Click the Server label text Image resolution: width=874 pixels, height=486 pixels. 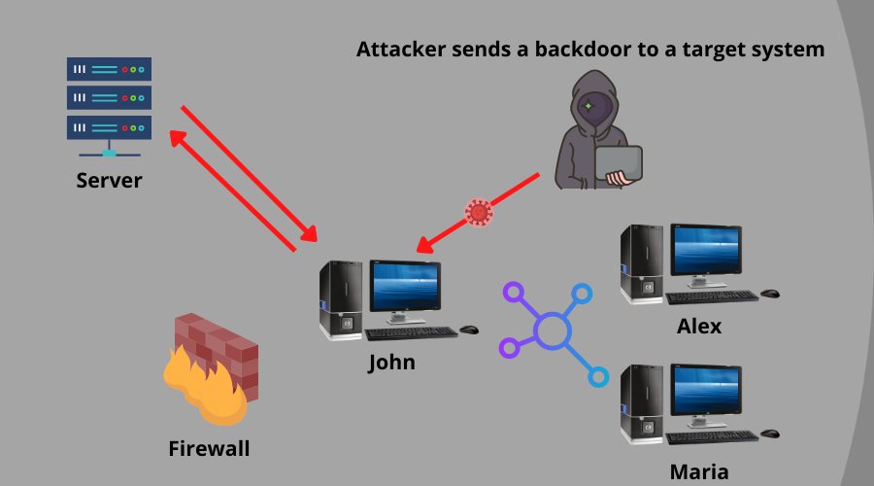click(x=109, y=181)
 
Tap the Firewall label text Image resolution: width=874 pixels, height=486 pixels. click(x=209, y=448)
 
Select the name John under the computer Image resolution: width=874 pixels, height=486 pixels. click(x=391, y=363)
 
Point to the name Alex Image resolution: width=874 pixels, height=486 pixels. click(x=699, y=327)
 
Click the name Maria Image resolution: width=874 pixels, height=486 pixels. click(x=699, y=472)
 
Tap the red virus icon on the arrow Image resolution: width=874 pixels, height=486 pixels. click(x=479, y=212)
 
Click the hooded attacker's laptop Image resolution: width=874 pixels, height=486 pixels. click(x=620, y=165)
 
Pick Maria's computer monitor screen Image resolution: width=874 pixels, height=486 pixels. click(x=703, y=391)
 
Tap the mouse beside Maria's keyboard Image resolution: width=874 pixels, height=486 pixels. click(x=770, y=433)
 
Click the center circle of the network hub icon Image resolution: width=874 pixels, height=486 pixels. click(x=552, y=330)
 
